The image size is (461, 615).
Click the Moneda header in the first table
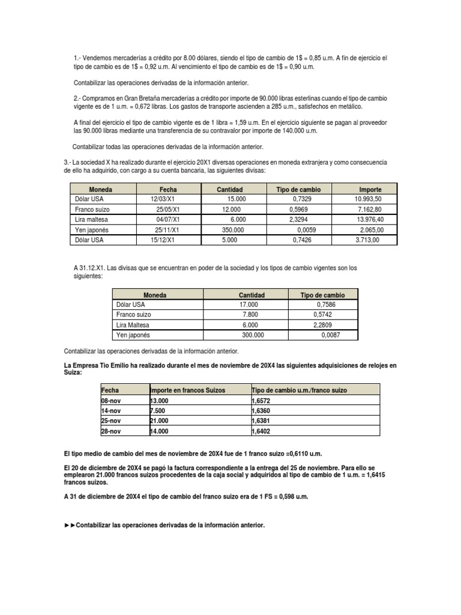click(100, 189)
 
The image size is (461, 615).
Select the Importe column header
click(370, 189)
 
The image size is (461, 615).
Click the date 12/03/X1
click(163, 198)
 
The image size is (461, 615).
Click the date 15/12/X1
click(163, 240)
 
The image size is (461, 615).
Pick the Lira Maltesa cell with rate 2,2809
click(133, 325)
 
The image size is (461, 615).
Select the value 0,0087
click(330, 335)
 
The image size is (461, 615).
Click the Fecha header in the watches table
click(110, 390)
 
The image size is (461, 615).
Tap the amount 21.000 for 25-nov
click(159, 421)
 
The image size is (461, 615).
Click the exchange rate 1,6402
click(261, 431)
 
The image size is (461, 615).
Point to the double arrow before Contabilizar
click(70, 525)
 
